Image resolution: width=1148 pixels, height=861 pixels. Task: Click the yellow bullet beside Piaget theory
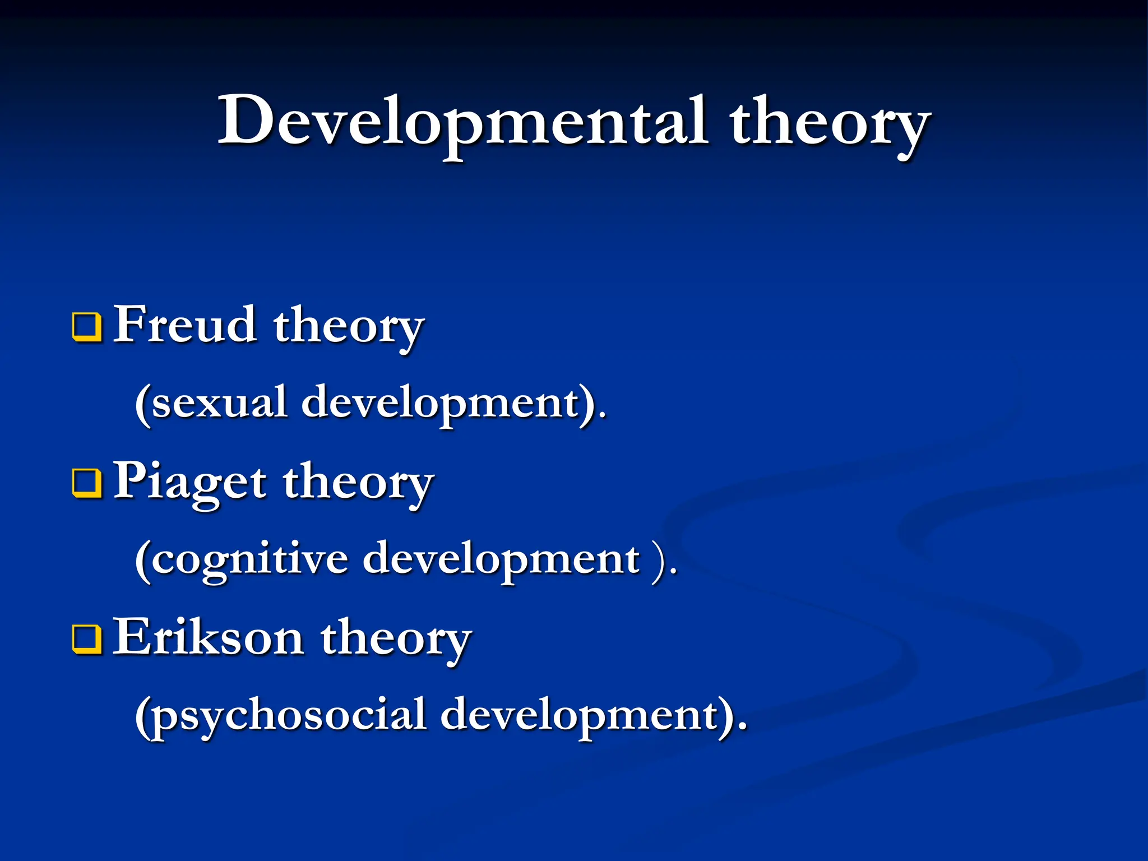(x=87, y=484)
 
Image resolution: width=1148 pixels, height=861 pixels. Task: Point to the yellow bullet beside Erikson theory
(x=87, y=640)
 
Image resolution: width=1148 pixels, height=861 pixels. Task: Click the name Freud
(x=185, y=325)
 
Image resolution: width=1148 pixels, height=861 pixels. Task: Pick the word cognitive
(x=250, y=559)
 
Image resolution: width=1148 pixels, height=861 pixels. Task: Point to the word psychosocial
(x=289, y=716)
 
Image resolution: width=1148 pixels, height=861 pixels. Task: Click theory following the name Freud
(x=348, y=328)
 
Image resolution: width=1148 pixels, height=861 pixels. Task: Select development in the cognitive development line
(x=501, y=559)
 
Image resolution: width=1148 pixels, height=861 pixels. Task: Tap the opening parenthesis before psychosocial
(x=143, y=717)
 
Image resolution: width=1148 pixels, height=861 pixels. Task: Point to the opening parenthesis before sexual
(x=143, y=404)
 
